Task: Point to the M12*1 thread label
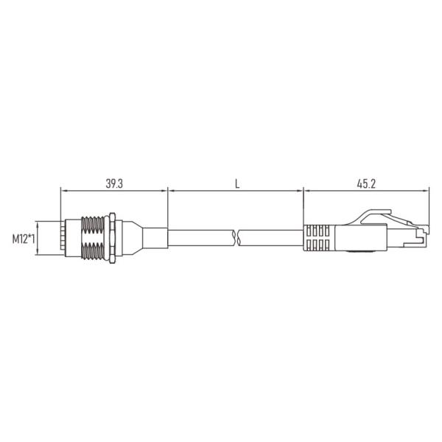point(25,239)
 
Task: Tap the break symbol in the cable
point(236,238)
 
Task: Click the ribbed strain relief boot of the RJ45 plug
point(318,238)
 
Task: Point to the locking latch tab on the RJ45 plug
point(372,216)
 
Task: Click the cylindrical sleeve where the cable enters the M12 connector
point(155,238)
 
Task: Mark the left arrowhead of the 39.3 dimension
point(63,192)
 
